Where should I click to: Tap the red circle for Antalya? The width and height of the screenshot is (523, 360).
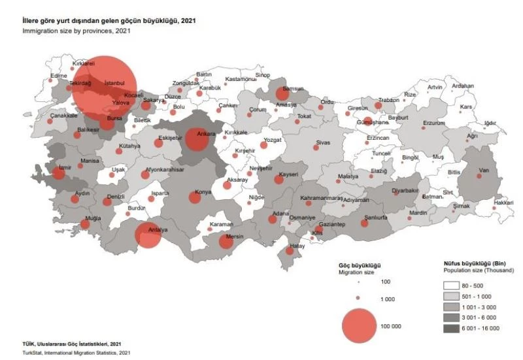148,236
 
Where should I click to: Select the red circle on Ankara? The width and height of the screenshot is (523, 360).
197,139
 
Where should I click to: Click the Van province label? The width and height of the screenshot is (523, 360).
484,171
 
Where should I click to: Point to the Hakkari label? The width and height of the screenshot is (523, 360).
503,203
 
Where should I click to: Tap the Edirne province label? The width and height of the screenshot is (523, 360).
59,75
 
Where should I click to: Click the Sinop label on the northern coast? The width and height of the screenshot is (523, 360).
262,75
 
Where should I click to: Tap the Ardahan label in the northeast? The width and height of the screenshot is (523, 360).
463,86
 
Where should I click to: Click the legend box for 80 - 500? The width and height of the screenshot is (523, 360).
452,286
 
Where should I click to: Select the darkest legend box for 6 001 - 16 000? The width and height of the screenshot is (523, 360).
452,328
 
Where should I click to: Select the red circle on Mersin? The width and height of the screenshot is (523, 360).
226,242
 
